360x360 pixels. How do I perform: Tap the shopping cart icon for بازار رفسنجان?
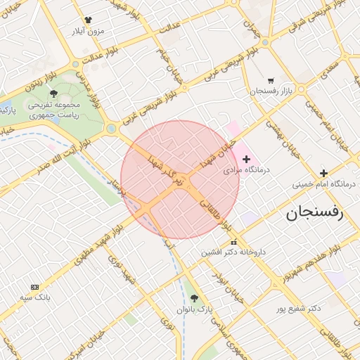[x=271, y=80]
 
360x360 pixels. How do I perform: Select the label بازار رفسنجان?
[x=270, y=92]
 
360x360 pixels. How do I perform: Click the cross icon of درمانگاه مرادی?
[x=246, y=160]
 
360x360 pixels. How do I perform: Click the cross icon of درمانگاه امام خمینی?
[x=323, y=173]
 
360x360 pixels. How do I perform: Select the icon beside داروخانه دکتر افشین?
[x=234, y=242]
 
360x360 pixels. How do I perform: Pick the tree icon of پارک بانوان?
[x=205, y=298]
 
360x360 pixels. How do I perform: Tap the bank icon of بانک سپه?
[x=34, y=287]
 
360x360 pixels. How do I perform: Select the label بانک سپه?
[x=34, y=297]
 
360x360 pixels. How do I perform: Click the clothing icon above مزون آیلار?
[x=88, y=20]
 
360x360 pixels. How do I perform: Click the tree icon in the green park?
[x=54, y=93]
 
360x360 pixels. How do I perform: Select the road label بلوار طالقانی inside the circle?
[x=215, y=214]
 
